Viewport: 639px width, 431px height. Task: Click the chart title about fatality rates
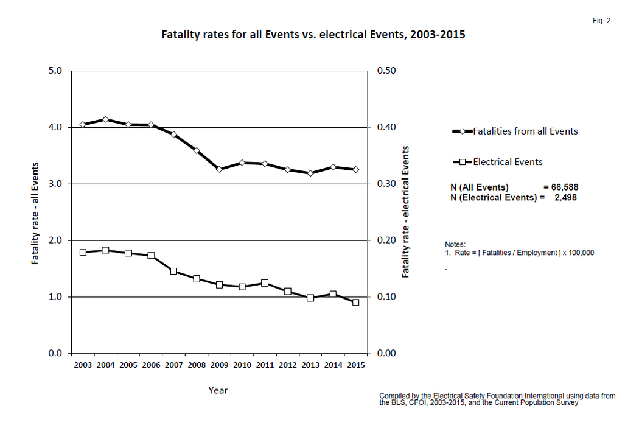point(313,35)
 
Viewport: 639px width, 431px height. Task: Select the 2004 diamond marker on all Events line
point(105,120)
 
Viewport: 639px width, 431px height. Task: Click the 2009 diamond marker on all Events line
point(219,169)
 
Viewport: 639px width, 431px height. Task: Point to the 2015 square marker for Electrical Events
point(355,303)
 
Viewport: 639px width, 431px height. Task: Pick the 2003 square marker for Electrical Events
point(83,253)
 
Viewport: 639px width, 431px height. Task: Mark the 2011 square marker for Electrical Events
point(265,283)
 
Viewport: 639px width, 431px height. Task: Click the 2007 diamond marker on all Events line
point(173,135)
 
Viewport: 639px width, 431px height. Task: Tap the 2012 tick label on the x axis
point(287,365)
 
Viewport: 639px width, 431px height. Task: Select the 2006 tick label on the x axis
point(151,365)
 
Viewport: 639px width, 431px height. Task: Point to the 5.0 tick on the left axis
point(55,71)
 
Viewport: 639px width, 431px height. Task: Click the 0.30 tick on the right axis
point(386,184)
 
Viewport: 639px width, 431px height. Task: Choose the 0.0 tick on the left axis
point(55,354)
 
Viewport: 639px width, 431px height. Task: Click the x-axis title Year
point(218,390)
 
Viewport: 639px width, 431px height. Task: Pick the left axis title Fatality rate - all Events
point(35,212)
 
